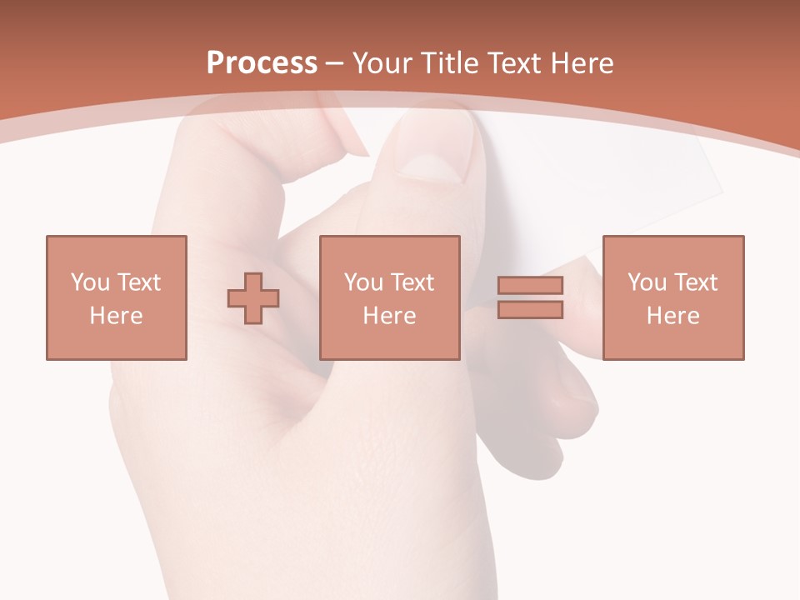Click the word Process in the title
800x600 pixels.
pyautogui.click(x=262, y=63)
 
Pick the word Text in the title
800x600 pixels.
pyautogui.click(x=514, y=63)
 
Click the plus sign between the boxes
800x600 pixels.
pyautogui.click(x=253, y=298)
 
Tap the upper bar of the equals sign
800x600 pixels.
pyautogui.click(x=530, y=286)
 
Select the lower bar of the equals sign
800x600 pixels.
pyautogui.click(x=530, y=310)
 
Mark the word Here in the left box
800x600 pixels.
pyautogui.click(x=116, y=316)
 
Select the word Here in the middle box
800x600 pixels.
pyautogui.click(x=390, y=316)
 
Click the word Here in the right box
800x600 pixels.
pyautogui.click(x=673, y=316)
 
